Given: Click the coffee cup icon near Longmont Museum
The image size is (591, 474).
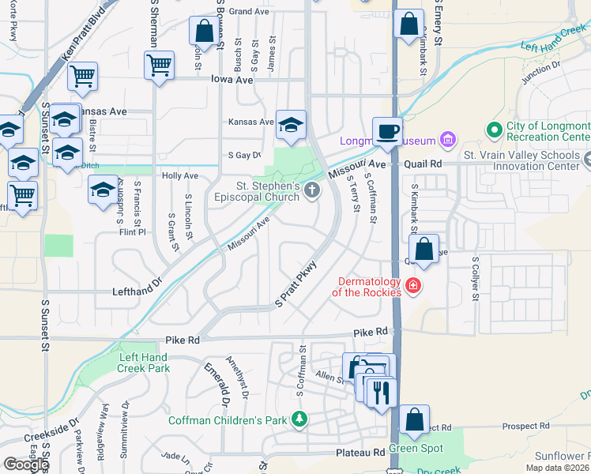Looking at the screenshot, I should (387, 130).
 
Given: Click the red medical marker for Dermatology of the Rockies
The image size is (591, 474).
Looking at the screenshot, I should (412, 284).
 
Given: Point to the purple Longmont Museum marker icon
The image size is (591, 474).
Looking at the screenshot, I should (448, 141).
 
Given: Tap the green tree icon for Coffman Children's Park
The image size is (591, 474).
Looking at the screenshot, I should (299, 418).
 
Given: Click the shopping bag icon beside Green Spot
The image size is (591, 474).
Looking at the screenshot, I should (415, 419).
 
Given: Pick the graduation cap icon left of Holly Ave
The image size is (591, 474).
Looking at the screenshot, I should (104, 190).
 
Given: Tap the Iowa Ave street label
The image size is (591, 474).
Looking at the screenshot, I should (232, 80).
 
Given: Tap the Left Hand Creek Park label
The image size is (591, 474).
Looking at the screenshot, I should (144, 363).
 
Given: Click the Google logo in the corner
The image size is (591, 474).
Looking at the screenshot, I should (25, 465).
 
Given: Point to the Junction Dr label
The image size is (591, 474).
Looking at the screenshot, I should (541, 72).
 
